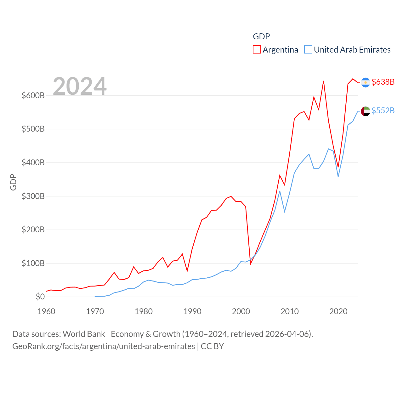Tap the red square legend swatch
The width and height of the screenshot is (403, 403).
[x=257, y=50]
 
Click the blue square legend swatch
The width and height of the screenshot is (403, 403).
[x=308, y=50]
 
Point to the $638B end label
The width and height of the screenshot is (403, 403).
[x=383, y=82]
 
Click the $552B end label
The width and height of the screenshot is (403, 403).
[x=383, y=111]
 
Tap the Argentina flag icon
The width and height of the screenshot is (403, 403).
[x=365, y=82]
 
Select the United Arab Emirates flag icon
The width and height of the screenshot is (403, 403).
[x=365, y=111]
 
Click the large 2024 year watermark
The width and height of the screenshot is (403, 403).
[x=80, y=86]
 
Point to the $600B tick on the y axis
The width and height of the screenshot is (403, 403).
[x=33, y=95]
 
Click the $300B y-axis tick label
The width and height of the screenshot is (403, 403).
[x=33, y=196]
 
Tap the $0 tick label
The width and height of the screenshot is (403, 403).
[x=40, y=297]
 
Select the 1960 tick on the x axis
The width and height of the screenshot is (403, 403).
[x=46, y=311]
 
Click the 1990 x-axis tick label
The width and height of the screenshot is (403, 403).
[x=192, y=311]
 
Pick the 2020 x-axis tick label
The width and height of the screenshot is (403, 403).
[x=338, y=311]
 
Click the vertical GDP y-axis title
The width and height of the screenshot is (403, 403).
[x=13, y=182]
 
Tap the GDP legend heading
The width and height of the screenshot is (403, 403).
[x=261, y=37]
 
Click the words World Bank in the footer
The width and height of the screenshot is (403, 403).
[x=84, y=334]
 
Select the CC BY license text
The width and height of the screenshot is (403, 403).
[x=212, y=346]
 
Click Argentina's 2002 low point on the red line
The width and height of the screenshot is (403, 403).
[x=251, y=264]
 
